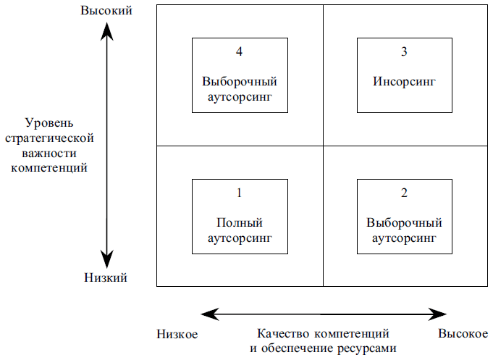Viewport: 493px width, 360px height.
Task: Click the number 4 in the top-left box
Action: [240, 51]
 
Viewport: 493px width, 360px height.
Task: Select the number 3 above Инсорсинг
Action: [405, 51]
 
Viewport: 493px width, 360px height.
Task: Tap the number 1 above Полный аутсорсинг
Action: [240, 193]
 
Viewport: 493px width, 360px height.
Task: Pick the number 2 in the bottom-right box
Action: [405, 193]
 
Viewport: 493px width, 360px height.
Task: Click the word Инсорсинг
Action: [405, 82]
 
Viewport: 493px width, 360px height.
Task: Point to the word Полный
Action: [240, 222]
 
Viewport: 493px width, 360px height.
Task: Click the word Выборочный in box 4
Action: [240, 82]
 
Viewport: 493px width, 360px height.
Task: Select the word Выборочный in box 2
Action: [405, 222]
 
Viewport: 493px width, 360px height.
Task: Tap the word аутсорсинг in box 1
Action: [240, 238]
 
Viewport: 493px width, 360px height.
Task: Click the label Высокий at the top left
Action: [106, 10]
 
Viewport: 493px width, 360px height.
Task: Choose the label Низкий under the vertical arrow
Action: [106, 277]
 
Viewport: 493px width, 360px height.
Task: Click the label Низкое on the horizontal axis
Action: [177, 334]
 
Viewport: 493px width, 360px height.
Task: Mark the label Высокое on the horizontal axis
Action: [463, 334]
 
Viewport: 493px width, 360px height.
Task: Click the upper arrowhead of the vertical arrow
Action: [107, 31]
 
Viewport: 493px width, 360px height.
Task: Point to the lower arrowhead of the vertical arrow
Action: [107, 259]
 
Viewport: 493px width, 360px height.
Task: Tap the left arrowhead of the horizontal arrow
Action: [210, 314]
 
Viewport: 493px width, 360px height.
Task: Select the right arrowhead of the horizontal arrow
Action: [437, 314]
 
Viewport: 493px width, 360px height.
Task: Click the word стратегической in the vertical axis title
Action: [49, 138]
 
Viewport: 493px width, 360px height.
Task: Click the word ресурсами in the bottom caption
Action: [367, 348]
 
